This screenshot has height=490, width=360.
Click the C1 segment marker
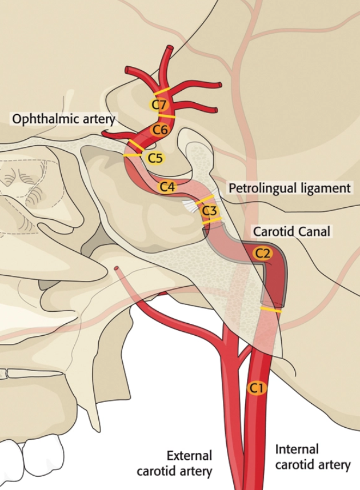(257, 388)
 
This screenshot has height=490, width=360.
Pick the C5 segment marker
(155, 157)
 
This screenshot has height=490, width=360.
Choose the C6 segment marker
(159, 130)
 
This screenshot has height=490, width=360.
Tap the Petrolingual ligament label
(289, 188)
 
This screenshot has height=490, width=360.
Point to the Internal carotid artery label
(312, 457)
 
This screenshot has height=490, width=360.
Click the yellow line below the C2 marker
(271, 310)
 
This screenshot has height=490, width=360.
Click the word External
(189, 455)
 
